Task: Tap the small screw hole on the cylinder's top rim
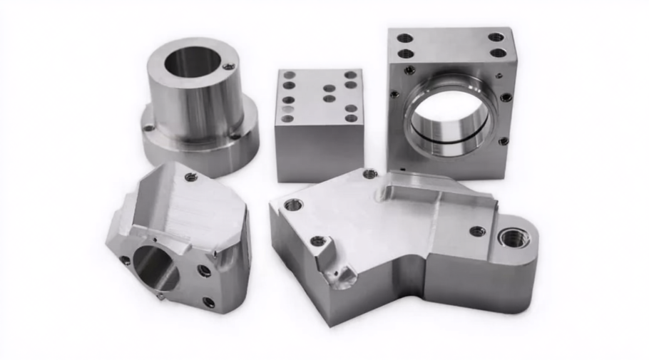click(228, 67)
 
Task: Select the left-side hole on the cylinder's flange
click(149, 128)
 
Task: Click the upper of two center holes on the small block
click(329, 89)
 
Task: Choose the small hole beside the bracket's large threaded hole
click(478, 231)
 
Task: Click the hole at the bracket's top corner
click(370, 173)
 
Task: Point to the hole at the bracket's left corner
click(293, 205)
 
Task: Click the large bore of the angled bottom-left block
click(153, 264)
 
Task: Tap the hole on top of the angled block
click(191, 178)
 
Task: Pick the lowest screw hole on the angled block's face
click(208, 302)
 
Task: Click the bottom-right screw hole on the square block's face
click(504, 141)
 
